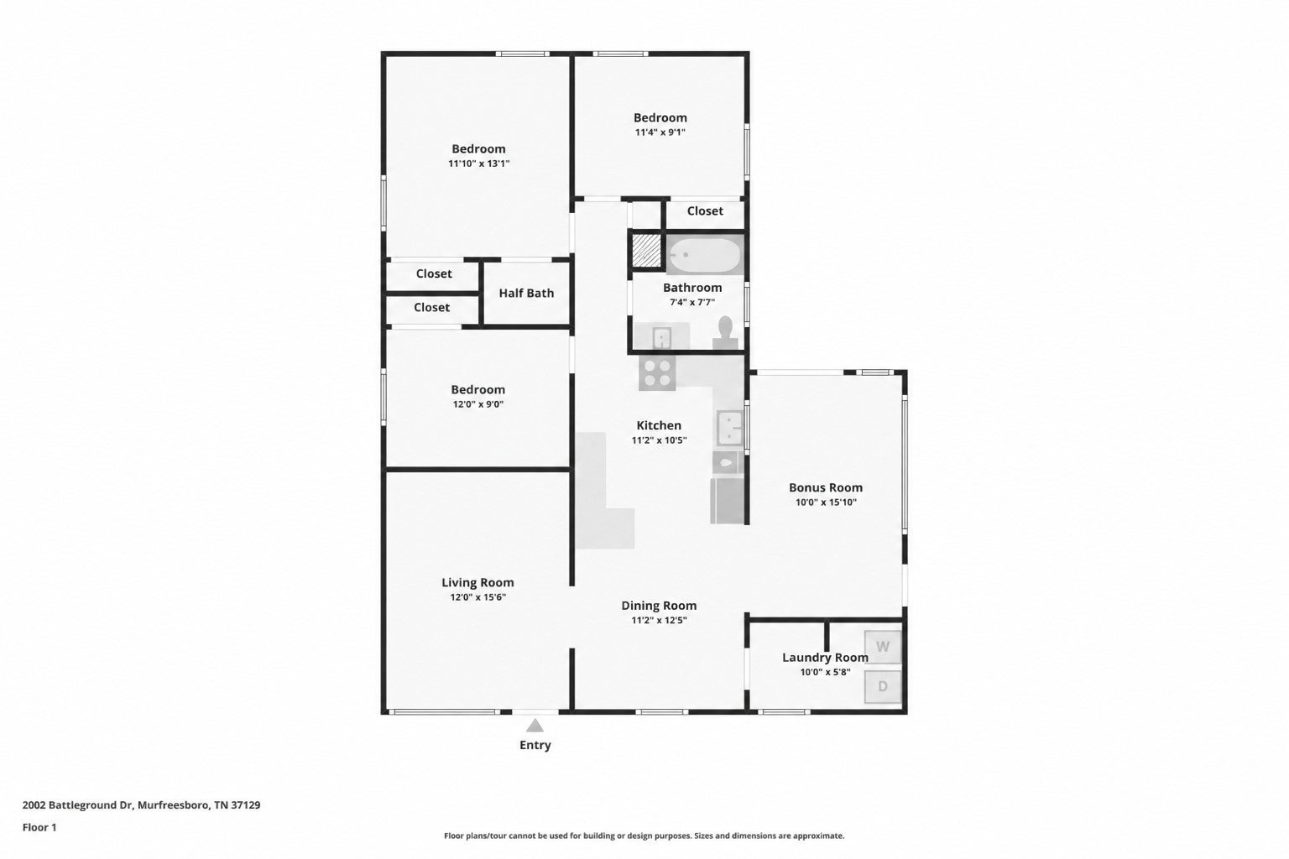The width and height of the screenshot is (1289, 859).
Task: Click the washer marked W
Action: [883, 647]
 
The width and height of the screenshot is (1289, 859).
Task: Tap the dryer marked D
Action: [883, 686]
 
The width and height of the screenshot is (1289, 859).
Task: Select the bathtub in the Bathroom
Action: [704, 256]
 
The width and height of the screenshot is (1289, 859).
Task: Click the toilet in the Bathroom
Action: [726, 332]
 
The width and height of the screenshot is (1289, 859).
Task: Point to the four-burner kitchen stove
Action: [657, 372]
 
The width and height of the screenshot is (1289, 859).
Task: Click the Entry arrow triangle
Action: [535, 725]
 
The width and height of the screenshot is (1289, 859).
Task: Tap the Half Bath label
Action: [526, 293]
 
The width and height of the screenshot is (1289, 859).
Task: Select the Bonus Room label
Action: [826, 487]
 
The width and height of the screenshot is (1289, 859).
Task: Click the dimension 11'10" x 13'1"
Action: [479, 164]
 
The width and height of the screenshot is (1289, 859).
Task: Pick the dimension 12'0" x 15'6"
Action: [478, 597]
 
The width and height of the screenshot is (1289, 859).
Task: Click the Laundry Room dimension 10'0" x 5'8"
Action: [825, 672]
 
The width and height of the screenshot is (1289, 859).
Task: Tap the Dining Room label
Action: [659, 606]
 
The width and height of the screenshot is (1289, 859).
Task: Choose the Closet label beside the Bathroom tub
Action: [705, 211]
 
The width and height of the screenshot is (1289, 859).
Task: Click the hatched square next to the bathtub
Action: [647, 250]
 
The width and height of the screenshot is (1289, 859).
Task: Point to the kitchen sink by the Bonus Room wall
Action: [729, 428]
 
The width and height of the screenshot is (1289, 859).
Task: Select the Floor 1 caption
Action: [39, 827]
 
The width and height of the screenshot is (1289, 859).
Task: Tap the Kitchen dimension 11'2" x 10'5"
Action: [660, 440]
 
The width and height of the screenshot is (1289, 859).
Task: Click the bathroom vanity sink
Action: [662, 337]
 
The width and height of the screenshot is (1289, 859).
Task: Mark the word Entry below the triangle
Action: [535, 745]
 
